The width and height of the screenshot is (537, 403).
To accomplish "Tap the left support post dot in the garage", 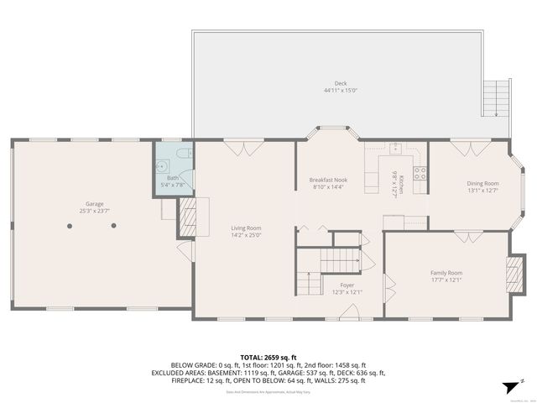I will click(68, 226).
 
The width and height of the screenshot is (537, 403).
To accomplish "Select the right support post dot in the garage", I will click(115, 226).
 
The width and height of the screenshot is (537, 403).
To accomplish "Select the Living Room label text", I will click(247, 228).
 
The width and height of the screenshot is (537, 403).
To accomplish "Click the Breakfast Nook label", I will click(328, 181).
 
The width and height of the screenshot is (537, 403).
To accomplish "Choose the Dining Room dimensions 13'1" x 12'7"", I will click(482, 191).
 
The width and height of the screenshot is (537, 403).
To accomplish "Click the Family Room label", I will click(446, 273).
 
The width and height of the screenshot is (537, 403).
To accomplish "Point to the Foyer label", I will click(347, 285).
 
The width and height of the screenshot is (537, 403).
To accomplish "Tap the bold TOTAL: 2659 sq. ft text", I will click(268, 357).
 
